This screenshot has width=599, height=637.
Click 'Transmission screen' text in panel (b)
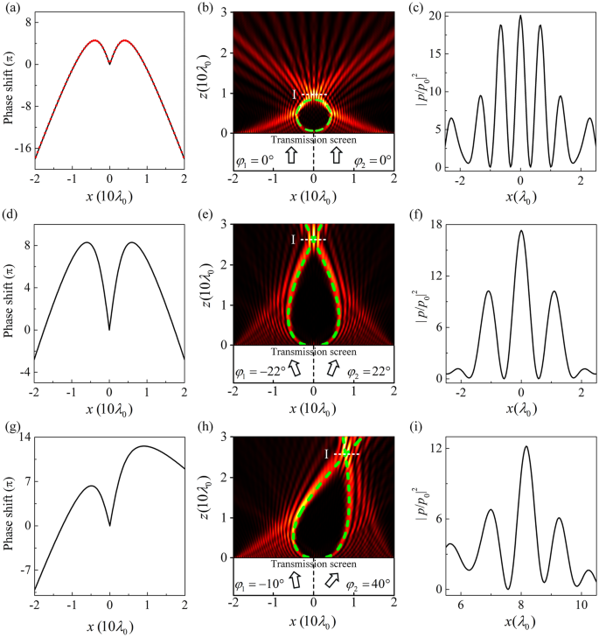coord(314,139)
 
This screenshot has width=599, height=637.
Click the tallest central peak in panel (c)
coord(520,17)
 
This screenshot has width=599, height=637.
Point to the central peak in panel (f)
coord(520,231)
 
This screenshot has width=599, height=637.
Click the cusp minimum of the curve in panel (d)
coord(109,329)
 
